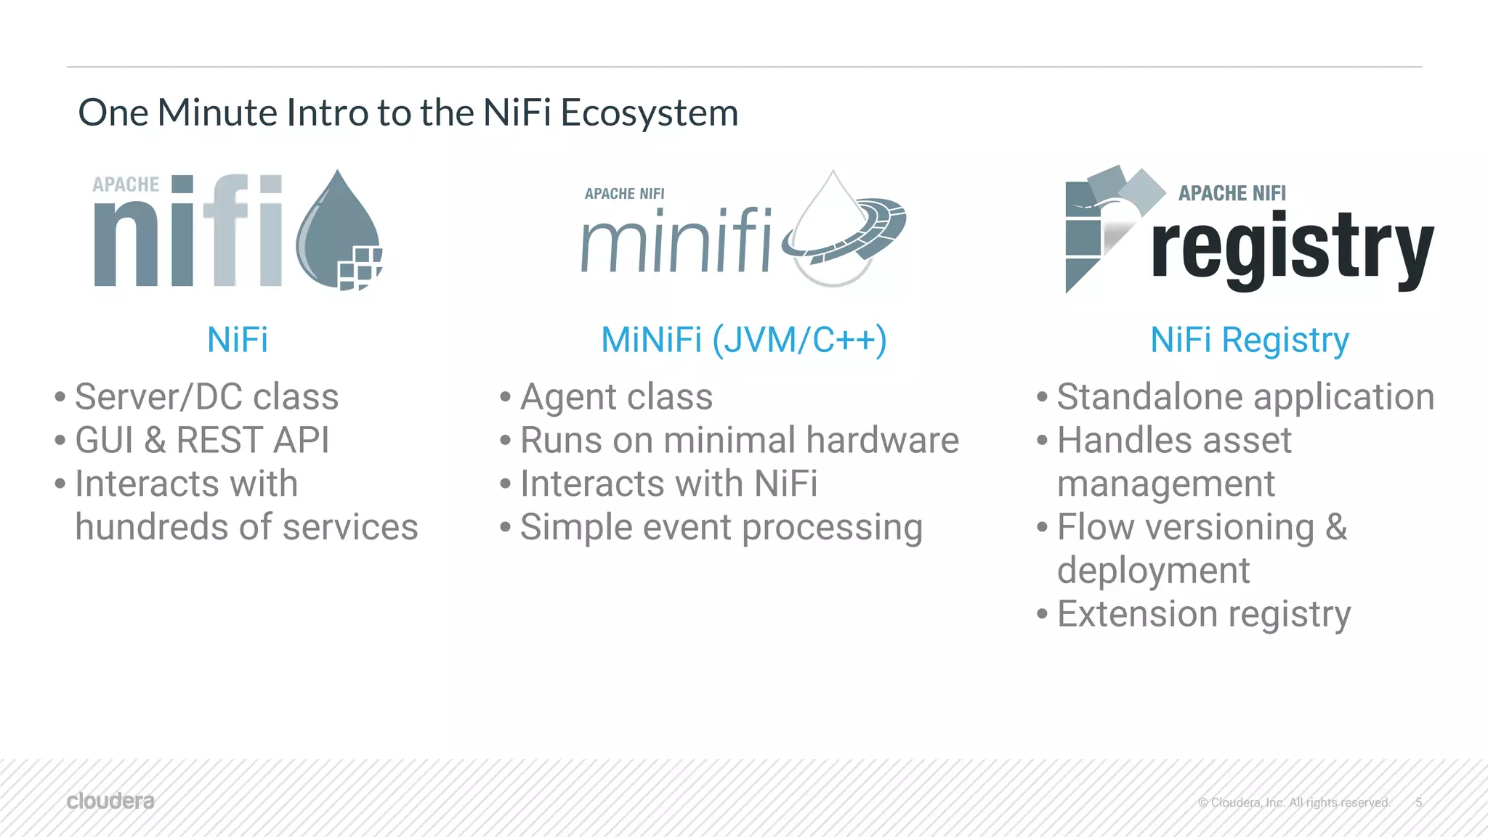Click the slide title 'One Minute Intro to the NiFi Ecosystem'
[x=408, y=113]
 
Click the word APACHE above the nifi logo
[x=126, y=184]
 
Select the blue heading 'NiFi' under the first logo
[x=238, y=340]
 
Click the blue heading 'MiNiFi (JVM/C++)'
[x=743, y=340]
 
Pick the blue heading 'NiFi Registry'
[x=1249, y=340]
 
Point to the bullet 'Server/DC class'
[x=206, y=397]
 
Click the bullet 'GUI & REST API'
[x=202, y=441]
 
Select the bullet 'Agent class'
[x=616, y=397]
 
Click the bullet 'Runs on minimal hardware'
[x=739, y=441]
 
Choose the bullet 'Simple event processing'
[x=721, y=528]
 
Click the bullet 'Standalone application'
[x=1245, y=397]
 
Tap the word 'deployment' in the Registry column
[x=1153, y=571]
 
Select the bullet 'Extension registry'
[x=1203, y=614]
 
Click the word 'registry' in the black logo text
[x=1292, y=249]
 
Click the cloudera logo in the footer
[x=110, y=801]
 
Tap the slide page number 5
[x=1418, y=802]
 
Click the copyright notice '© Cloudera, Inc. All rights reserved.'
[x=1294, y=802]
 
